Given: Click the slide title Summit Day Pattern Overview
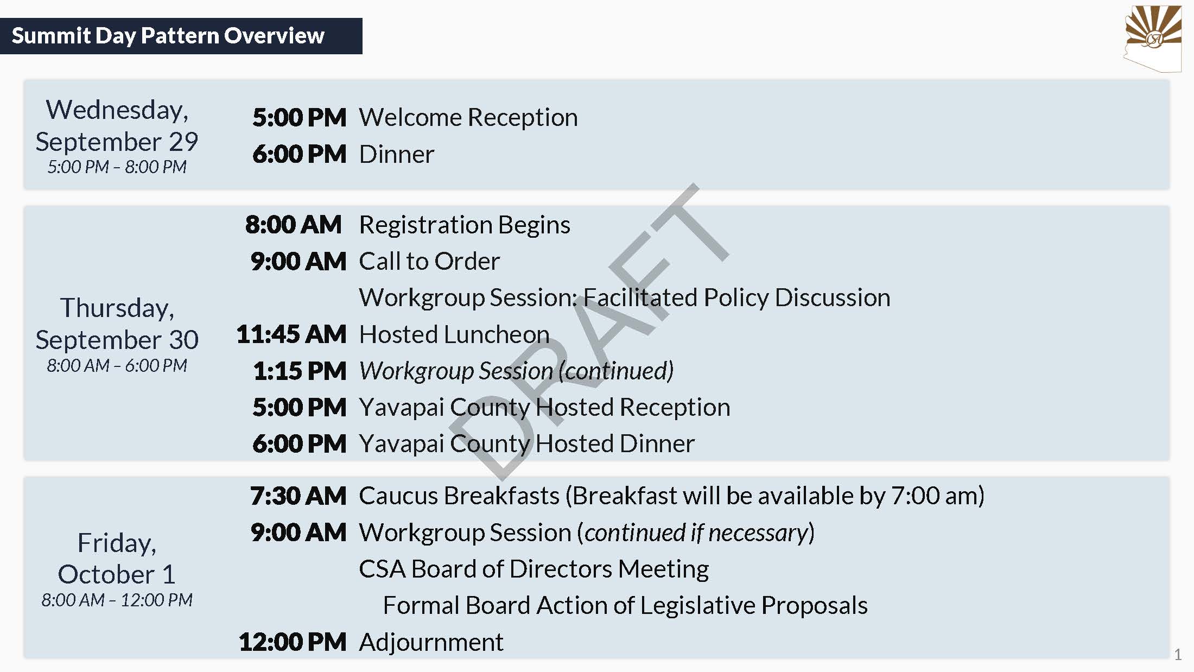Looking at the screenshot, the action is (x=168, y=36).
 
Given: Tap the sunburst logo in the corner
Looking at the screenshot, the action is (x=1153, y=38).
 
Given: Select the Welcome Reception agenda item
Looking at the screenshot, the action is (x=468, y=117).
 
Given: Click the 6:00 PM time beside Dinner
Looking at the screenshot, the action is (x=299, y=154).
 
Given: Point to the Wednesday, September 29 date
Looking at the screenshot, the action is (x=117, y=125).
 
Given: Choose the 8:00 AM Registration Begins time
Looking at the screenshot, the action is (x=293, y=224).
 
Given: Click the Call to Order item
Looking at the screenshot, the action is (x=429, y=261).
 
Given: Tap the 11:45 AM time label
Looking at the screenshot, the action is (x=291, y=334).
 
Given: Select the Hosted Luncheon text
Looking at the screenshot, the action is (x=454, y=334).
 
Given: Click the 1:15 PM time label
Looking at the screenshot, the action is (x=300, y=371).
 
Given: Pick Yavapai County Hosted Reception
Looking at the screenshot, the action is (x=544, y=408).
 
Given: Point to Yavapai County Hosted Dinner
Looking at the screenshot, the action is (x=526, y=444).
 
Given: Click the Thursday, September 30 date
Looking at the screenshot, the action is (x=117, y=324).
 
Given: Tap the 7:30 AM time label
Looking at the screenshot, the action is (x=298, y=496).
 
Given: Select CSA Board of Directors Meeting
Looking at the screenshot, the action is (x=534, y=569).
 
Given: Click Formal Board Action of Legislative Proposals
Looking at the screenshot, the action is (x=625, y=605).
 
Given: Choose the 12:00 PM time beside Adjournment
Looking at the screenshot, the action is (x=293, y=642).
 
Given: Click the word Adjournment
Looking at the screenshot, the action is (x=431, y=642).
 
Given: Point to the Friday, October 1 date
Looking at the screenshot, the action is (x=117, y=558).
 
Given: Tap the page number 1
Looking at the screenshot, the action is (x=1177, y=655).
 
